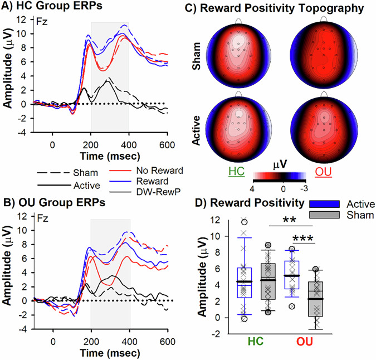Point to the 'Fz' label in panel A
pos(42,23)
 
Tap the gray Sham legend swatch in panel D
pos(325,215)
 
